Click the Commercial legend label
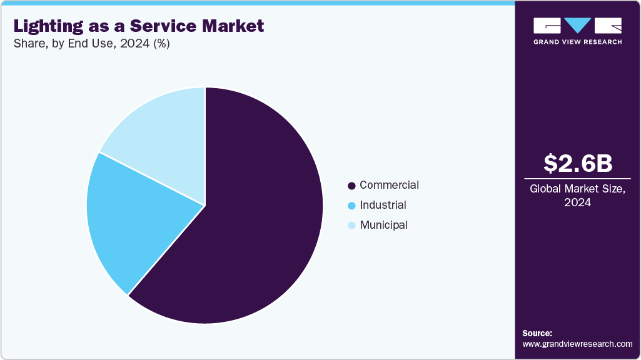click(x=389, y=185)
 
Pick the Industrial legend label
click(x=383, y=205)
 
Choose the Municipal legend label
click(x=383, y=225)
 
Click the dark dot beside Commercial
click(x=351, y=186)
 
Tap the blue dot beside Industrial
click(x=351, y=206)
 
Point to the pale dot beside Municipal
click(x=351, y=226)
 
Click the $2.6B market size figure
click(x=578, y=163)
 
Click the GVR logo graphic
click(x=577, y=26)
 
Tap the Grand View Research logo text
click(x=577, y=42)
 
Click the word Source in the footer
click(x=537, y=333)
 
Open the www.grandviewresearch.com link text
click(x=577, y=344)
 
